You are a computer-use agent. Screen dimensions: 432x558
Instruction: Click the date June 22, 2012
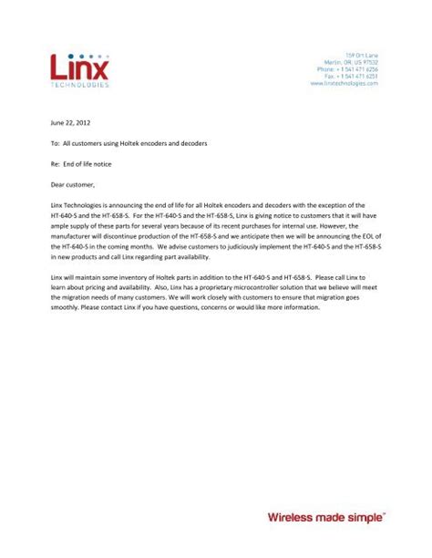[x=70, y=121]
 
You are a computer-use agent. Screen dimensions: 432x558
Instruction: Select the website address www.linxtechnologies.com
[x=344, y=83]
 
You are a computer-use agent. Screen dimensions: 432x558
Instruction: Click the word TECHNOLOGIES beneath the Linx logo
[x=79, y=85]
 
